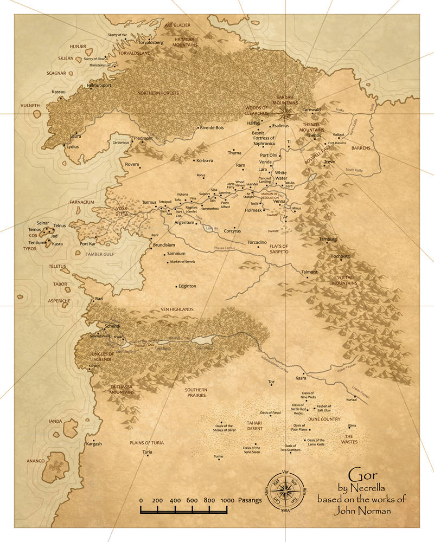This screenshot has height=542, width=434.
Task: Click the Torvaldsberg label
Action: tap(140, 42)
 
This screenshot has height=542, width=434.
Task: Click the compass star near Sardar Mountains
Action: tap(285, 113)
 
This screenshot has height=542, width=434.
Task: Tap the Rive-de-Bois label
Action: tap(212, 128)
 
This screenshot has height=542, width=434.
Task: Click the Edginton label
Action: tap(187, 286)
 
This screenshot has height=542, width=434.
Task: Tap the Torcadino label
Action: tap(257, 242)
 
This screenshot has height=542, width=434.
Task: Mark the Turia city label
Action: tap(147, 452)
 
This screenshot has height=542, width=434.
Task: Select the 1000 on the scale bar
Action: tap(227, 500)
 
